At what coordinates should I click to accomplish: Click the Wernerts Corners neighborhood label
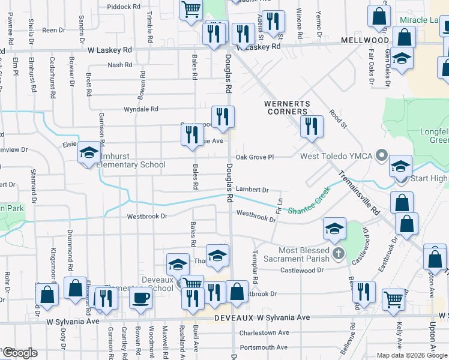click(288, 107)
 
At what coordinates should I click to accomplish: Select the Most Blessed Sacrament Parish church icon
click(339, 254)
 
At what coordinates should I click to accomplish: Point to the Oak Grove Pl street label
click(255, 157)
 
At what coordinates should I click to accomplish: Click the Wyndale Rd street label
click(140, 109)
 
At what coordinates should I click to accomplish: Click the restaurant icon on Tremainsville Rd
click(312, 127)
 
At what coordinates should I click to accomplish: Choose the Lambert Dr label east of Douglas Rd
click(250, 189)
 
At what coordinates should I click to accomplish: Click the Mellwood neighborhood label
click(366, 40)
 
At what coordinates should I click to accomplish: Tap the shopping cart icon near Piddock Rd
click(191, 10)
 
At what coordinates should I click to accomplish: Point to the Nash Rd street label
click(120, 65)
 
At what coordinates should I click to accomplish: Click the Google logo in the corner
click(20, 353)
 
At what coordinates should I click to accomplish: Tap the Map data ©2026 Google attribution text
click(411, 355)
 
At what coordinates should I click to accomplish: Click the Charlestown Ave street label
click(264, 332)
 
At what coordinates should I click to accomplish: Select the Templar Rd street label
click(256, 261)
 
